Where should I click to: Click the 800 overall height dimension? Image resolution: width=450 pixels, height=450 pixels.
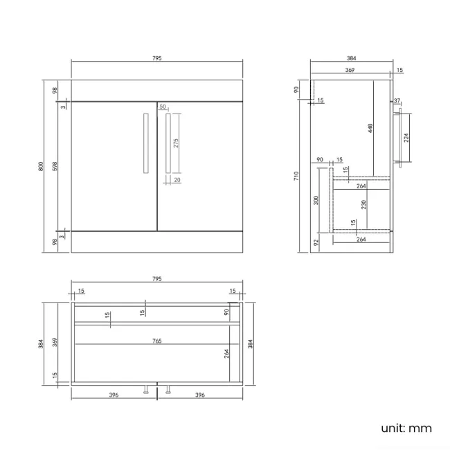[41, 166]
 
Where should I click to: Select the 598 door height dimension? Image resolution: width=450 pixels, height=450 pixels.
[55, 166]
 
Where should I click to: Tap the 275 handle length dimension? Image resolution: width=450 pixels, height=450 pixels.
[176, 143]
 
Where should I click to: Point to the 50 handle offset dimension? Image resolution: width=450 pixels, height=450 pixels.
[163, 107]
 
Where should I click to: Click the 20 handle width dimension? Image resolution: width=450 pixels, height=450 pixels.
[177, 180]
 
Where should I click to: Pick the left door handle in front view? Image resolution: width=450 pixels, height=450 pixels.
[146, 143]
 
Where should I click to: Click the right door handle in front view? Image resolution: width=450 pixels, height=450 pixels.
[168, 143]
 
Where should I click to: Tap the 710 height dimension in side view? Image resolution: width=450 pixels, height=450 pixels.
[296, 176]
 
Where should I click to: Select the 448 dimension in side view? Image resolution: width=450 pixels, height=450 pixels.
[370, 128]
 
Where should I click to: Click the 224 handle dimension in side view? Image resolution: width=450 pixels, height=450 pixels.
[406, 138]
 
